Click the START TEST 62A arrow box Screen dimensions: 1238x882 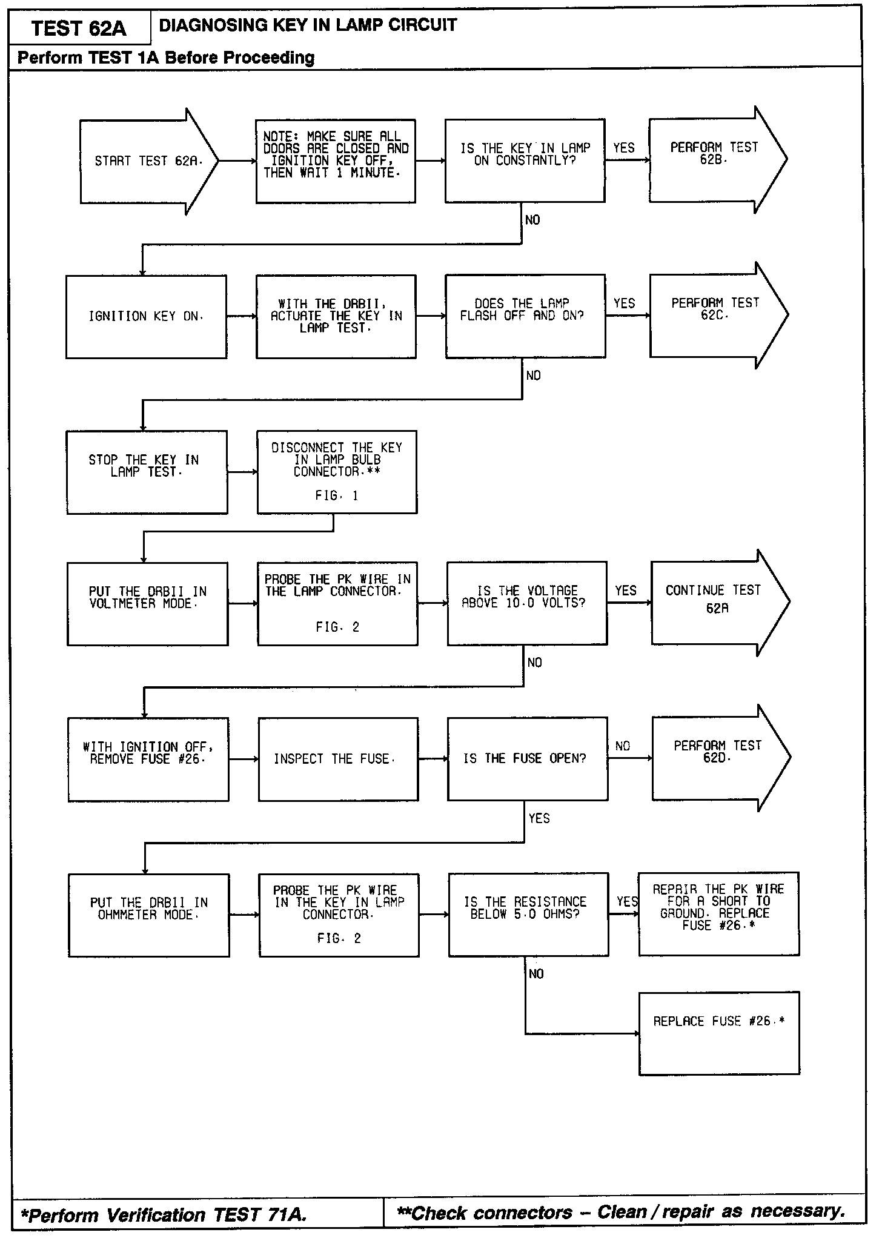point(145,161)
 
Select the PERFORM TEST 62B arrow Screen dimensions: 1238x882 point(715,160)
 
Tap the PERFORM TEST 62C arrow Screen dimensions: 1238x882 point(715,315)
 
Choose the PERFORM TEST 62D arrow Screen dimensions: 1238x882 point(718,758)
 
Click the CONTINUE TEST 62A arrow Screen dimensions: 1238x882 point(717,603)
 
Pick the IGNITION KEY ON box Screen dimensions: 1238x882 point(146,316)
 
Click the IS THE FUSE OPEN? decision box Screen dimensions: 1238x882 point(527,758)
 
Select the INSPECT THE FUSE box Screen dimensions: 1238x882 point(337,759)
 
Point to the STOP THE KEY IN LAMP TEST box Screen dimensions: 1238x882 point(147,472)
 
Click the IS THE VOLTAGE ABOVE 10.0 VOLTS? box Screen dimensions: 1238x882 point(526,603)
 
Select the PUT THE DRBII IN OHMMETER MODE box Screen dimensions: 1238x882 point(149,915)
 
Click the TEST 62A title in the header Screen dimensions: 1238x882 point(79,28)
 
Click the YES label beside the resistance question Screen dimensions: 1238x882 point(627,902)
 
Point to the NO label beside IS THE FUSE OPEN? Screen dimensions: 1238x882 point(623,746)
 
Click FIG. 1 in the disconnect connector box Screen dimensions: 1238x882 point(337,495)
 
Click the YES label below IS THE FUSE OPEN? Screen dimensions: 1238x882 point(539,818)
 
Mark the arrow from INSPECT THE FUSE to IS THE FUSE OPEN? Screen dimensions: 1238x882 point(433,758)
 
